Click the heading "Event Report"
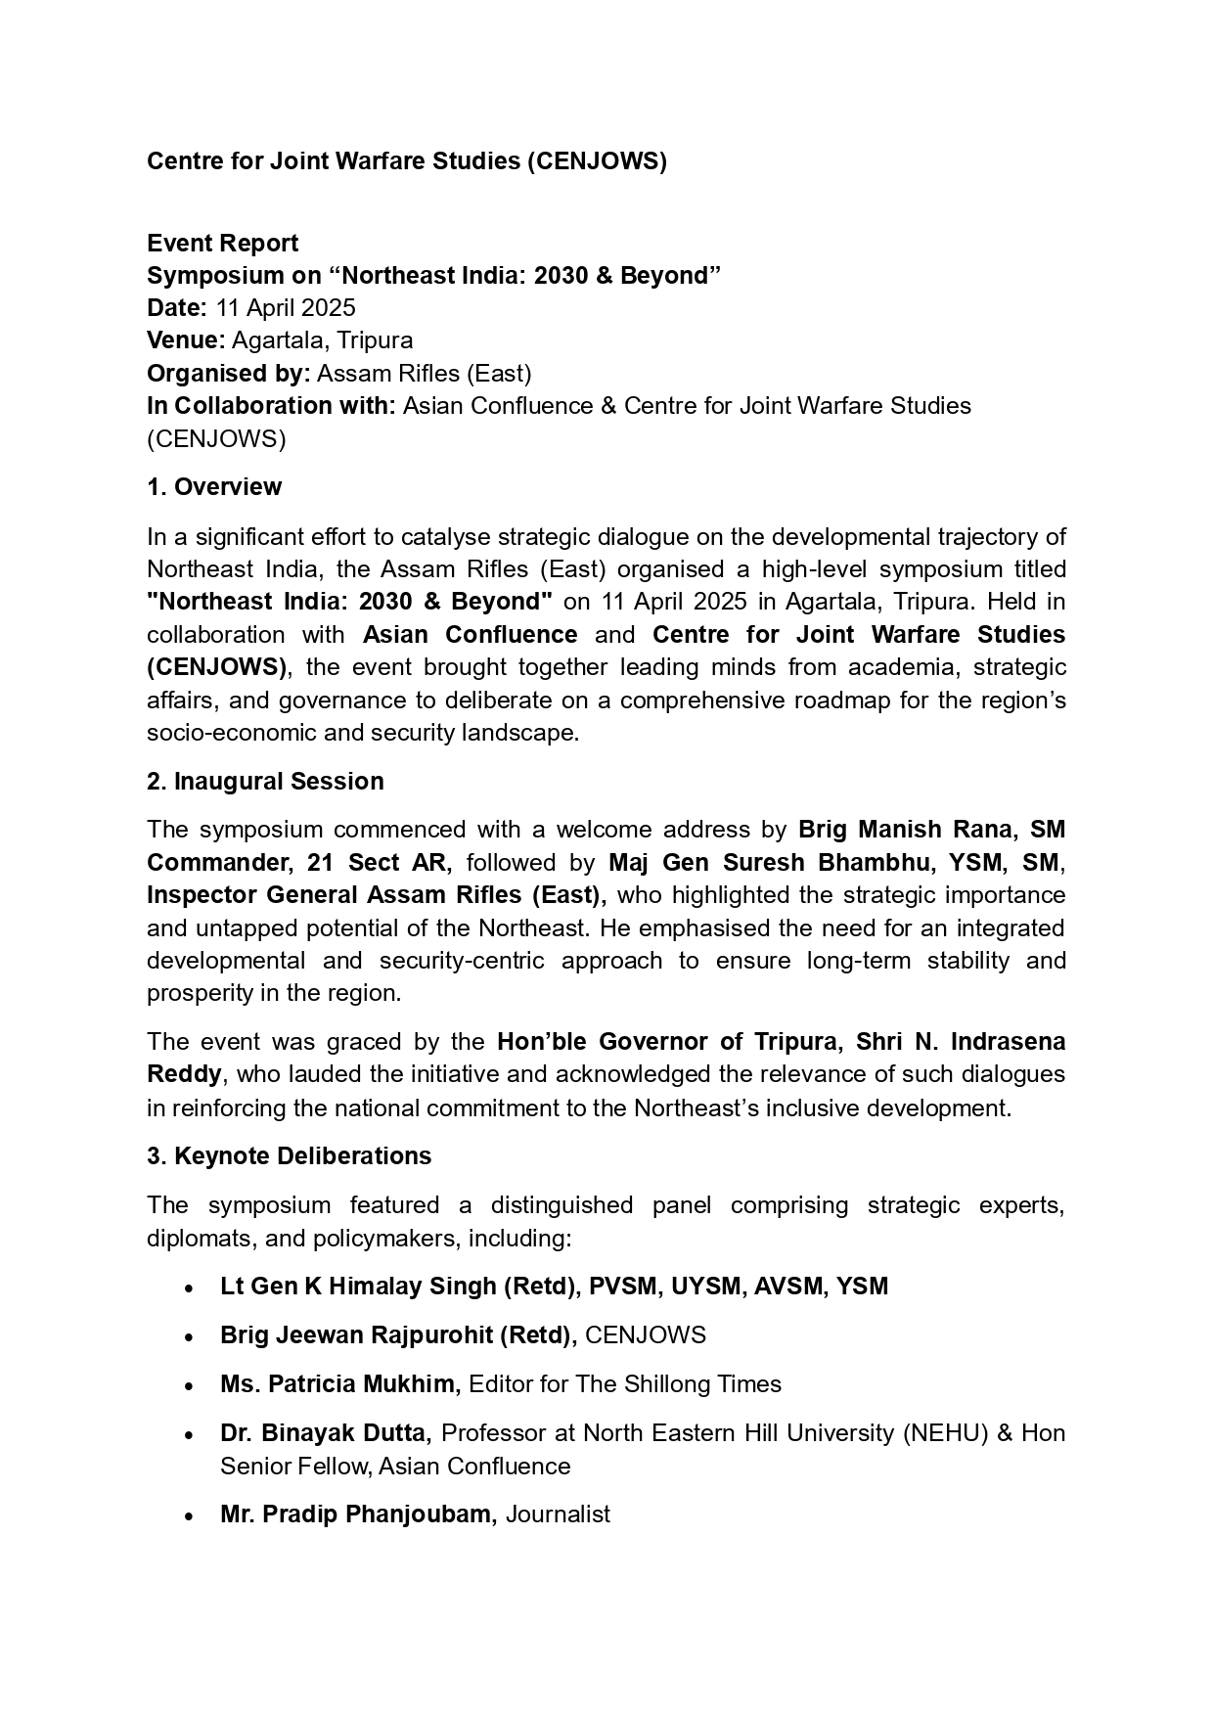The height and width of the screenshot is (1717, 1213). (222, 243)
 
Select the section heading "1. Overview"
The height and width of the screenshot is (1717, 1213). (214, 487)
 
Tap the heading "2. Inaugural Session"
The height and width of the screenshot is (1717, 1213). (265, 782)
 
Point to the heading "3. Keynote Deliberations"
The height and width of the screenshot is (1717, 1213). (289, 1156)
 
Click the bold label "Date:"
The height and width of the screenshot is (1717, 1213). (177, 308)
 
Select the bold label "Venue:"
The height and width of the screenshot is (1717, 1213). (186, 340)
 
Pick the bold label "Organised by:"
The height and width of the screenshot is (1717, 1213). (229, 374)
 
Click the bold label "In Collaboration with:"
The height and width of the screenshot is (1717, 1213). (271, 406)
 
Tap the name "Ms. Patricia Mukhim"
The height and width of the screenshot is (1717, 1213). (339, 1384)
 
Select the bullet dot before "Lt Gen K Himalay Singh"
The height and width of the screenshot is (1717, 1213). (188, 1288)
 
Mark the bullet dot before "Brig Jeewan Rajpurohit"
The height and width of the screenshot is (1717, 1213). (188, 1337)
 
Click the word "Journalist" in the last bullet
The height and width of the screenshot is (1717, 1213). (558, 1514)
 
